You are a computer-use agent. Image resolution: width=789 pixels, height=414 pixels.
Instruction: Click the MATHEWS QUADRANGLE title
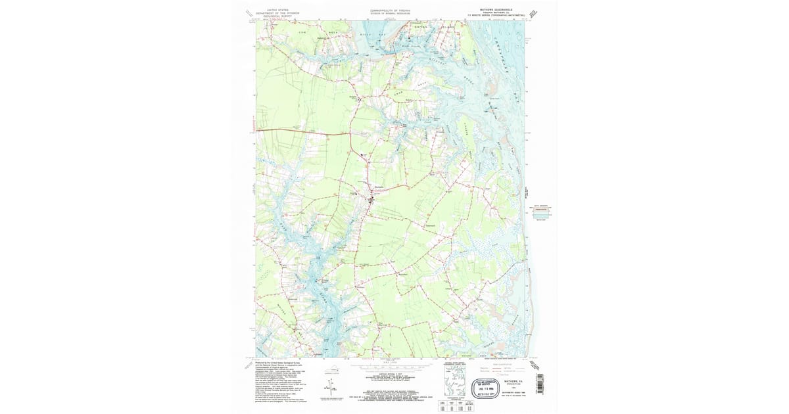pyautogui.click(x=490, y=10)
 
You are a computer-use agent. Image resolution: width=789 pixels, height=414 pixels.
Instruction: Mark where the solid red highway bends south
pyautogui.click(x=348, y=135)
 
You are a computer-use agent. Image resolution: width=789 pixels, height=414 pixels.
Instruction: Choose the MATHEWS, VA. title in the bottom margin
pyautogui.click(x=513, y=380)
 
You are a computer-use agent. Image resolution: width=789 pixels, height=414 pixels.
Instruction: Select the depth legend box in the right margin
pyautogui.click(x=543, y=212)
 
